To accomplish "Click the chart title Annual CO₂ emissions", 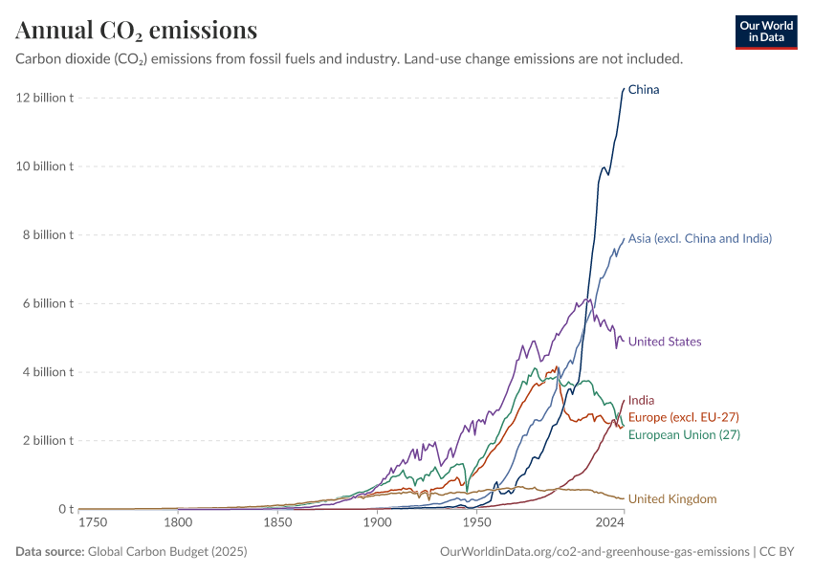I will pyautogui.click(x=136, y=31).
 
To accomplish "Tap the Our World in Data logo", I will pyautogui.click(x=765, y=32).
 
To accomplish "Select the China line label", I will pyautogui.click(x=644, y=90).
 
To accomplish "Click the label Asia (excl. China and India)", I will pyautogui.click(x=699, y=238).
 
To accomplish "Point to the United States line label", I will pyautogui.click(x=665, y=342).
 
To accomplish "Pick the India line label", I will pyautogui.click(x=641, y=401).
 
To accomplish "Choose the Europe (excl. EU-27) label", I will pyautogui.click(x=683, y=417).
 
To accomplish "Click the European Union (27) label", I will pyautogui.click(x=684, y=434).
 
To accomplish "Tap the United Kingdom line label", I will pyautogui.click(x=672, y=498).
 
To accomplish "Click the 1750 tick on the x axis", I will pyautogui.click(x=93, y=523).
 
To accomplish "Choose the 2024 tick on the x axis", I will pyautogui.click(x=609, y=523).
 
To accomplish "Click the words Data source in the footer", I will pyautogui.click(x=50, y=552).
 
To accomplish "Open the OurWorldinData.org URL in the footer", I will pyautogui.click(x=594, y=552).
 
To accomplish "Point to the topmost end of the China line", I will pyautogui.click(x=624, y=88).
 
